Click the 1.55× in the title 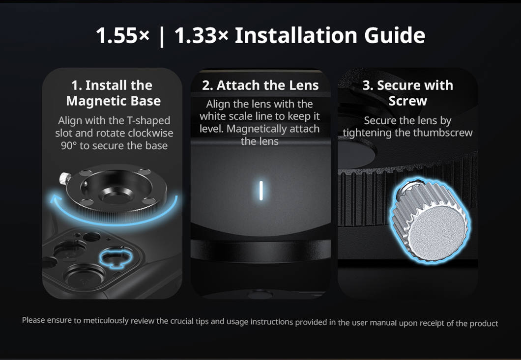click(122, 35)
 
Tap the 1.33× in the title click(202, 35)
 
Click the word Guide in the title click(395, 35)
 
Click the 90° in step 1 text click(69, 146)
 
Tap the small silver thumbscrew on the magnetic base click(65, 178)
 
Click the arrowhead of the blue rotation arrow click(56, 199)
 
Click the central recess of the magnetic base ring click(117, 196)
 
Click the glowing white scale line click(261, 190)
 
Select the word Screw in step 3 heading click(407, 101)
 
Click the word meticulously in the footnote click(106, 321)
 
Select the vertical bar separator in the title click(162, 36)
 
